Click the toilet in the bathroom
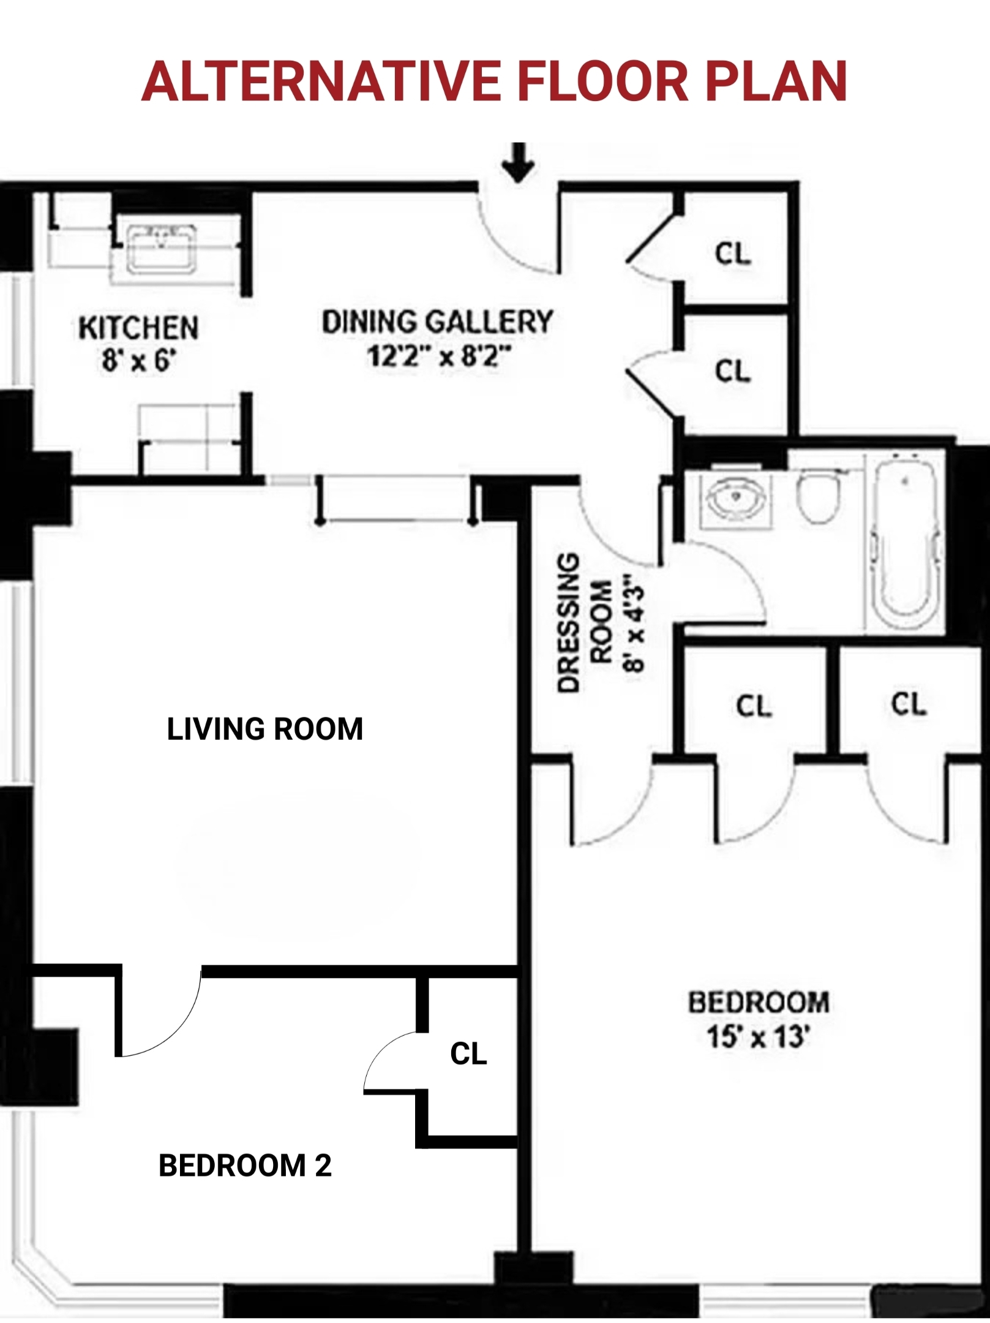[x=818, y=496]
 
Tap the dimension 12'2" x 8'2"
[x=438, y=356]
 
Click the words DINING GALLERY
[x=437, y=322]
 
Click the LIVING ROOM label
[x=264, y=729]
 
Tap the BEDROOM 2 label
[x=245, y=1165]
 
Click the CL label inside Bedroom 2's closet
[x=468, y=1053]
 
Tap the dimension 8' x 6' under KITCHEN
[x=139, y=360]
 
